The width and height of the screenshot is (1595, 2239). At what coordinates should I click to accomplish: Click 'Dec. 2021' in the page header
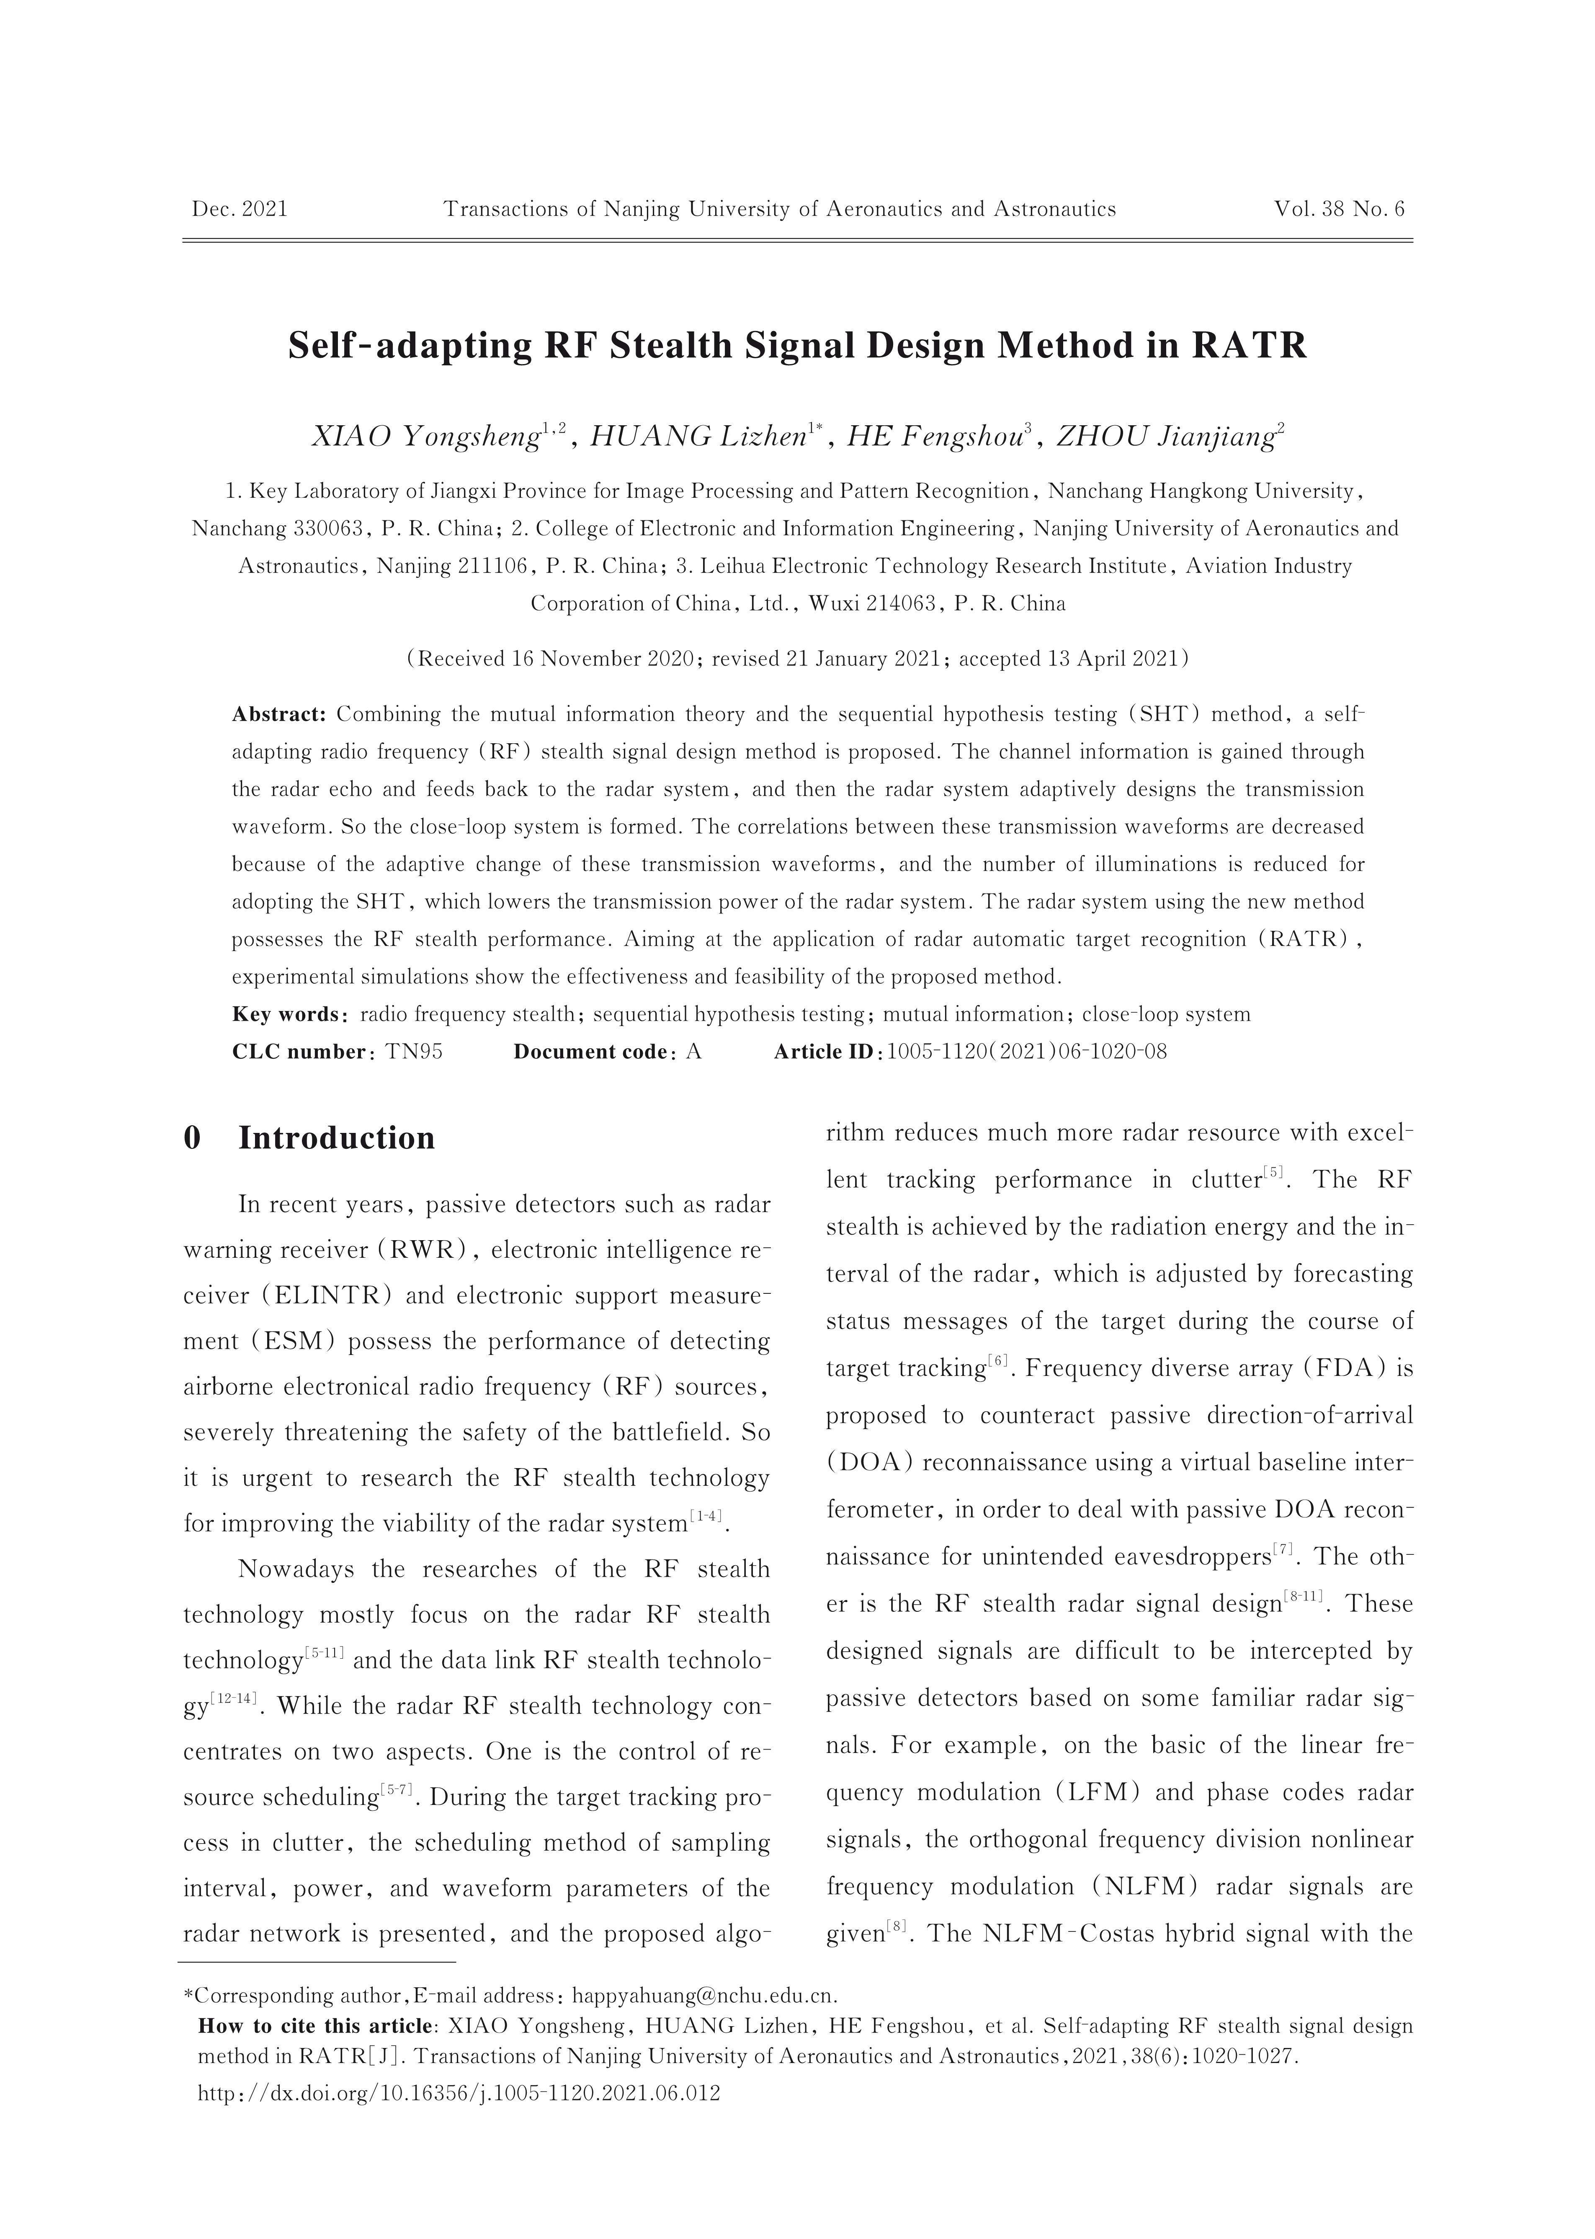[240, 209]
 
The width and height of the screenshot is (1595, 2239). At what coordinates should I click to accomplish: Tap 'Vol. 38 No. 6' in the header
[1340, 209]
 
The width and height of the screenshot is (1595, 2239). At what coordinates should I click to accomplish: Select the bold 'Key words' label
[286, 1014]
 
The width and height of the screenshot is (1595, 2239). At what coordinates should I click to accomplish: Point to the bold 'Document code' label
[590, 1051]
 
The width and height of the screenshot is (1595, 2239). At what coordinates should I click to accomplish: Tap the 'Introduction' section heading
[336, 1138]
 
